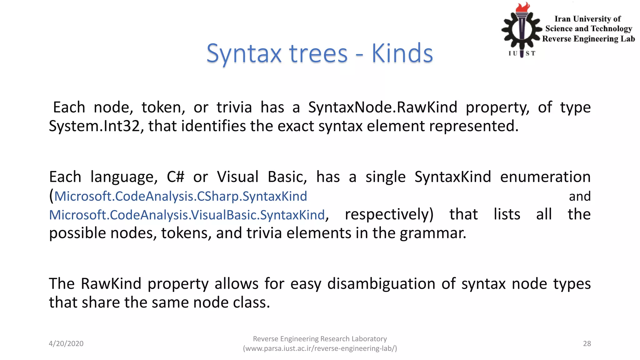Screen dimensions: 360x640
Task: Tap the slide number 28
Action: (x=587, y=343)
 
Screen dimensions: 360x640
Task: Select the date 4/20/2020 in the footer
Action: (x=66, y=343)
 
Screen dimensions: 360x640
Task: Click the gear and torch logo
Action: (x=521, y=30)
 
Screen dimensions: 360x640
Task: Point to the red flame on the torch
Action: (x=523, y=7)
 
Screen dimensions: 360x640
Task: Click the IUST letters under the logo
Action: (x=522, y=53)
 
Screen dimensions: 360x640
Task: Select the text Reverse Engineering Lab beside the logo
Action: (x=588, y=39)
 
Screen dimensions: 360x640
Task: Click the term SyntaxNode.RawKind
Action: (x=382, y=107)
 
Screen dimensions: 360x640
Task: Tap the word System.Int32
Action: (x=94, y=126)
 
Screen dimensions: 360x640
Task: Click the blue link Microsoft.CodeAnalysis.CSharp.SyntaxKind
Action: (x=181, y=196)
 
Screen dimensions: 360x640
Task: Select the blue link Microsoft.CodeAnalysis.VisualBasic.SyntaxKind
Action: (x=187, y=215)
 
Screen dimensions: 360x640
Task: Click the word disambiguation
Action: (x=381, y=284)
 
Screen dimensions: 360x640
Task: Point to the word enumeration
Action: (x=545, y=177)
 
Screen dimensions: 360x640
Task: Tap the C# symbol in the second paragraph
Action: (x=175, y=177)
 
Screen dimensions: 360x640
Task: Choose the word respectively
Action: (x=389, y=214)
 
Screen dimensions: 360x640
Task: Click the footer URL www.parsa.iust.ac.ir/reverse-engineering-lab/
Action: (x=320, y=348)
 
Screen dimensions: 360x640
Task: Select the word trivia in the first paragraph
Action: (x=234, y=107)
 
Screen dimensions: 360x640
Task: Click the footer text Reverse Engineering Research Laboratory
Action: (x=320, y=339)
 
